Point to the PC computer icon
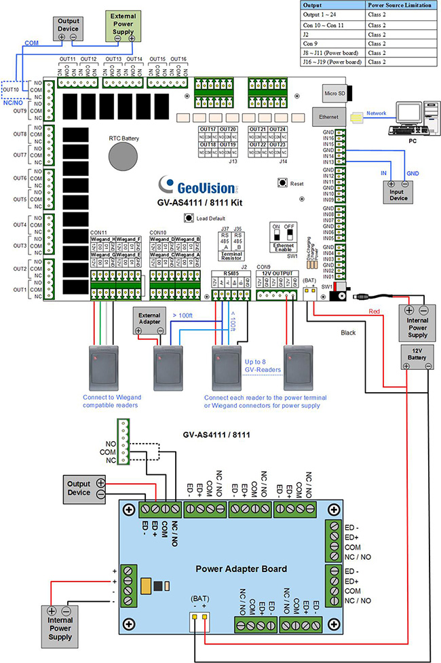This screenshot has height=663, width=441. tap(411, 118)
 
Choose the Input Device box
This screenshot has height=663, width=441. tap(398, 195)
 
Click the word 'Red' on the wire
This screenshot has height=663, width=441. tap(375, 311)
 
